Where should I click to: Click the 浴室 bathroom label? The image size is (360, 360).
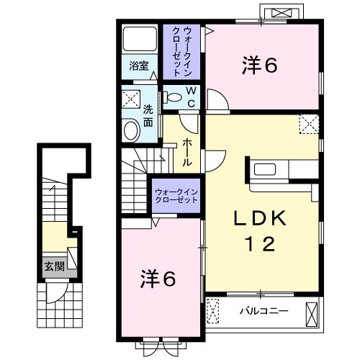pyautogui.click(x=139, y=66)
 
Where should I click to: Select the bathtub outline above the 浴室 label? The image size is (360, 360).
pyautogui.click(x=139, y=40)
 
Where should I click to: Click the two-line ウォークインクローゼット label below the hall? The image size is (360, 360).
pyautogui.click(x=177, y=194)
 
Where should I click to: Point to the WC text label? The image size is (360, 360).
pyautogui.click(x=191, y=96)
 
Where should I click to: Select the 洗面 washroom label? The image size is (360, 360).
pyautogui.click(x=148, y=116)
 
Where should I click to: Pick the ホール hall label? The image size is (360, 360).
pyautogui.click(x=186, y=153)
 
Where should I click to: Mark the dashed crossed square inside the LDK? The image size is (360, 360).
pyautogui.click(x=309, y=124)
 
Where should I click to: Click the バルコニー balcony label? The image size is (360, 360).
pyautogui.click(x=264, y=310)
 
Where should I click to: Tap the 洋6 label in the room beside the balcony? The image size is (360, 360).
pyautogui.click(x=158, y=278)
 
